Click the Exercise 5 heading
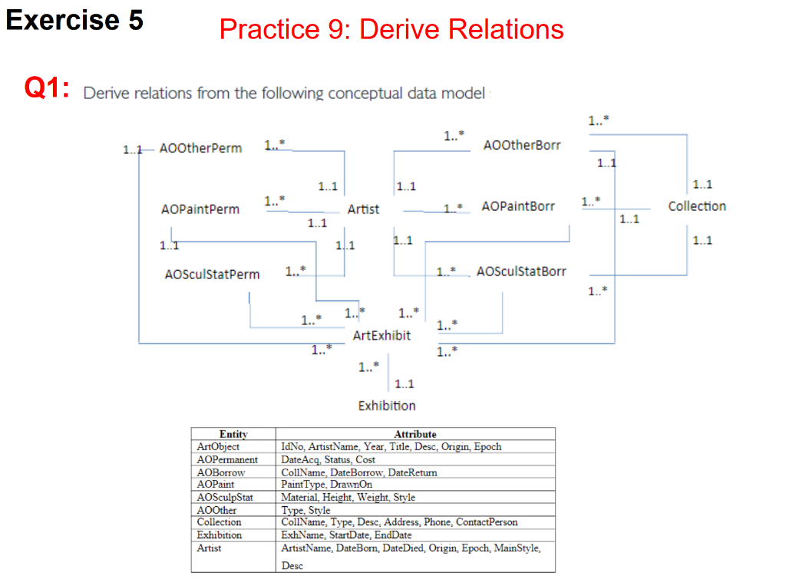(74, 21)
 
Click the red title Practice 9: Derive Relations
(391, 30)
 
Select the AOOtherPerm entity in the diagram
(200, 148)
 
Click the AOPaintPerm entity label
(200, 209)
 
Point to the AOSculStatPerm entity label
(212, 274)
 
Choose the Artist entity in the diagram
(363, 209)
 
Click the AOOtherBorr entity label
(522, 145)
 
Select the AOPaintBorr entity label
(518, 206)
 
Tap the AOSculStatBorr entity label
(521, 271)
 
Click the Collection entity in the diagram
(696, 206)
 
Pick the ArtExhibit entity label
(381, 335)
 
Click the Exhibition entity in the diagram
(387, 406)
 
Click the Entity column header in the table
(233, 434)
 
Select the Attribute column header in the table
(414, 434)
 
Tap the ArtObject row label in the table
(219, 446)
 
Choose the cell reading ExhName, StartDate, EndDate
(346, 535)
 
